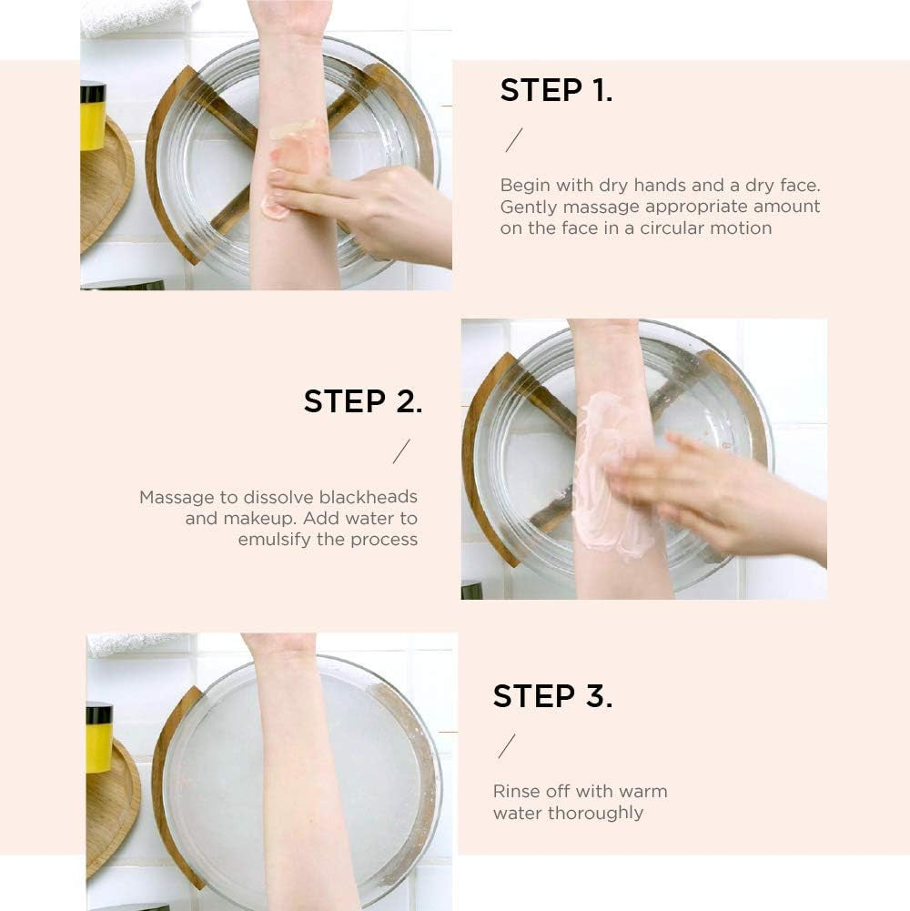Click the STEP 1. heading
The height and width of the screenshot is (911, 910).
556,90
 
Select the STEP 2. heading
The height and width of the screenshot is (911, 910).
362,401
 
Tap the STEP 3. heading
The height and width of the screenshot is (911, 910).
552,696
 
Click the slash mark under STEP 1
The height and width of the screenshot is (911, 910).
513,140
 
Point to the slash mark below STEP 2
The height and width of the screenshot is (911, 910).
401,451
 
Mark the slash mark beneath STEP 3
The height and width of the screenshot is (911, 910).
507,746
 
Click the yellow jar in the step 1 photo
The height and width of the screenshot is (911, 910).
93,116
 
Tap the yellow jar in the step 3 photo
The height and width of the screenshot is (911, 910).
99,737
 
